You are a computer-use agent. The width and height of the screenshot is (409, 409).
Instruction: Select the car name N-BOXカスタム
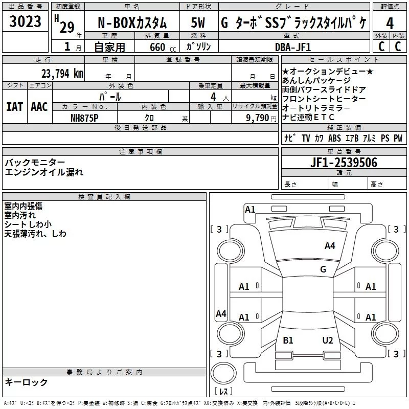tap(132, 23)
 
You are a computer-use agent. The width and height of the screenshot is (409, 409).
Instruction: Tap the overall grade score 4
tap(390, 23)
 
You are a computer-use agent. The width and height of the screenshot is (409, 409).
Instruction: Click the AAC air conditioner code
tap(39, 106)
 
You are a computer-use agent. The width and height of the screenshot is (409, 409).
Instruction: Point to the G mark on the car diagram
tap(323, 269)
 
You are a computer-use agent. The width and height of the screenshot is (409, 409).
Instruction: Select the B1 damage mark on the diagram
tap(288, 340)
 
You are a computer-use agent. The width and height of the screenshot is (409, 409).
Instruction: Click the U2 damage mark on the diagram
tap(328, 340)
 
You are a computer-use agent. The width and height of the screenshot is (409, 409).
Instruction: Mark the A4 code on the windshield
tap(330, 246)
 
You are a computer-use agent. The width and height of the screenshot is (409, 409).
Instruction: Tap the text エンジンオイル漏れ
tap(43, 172)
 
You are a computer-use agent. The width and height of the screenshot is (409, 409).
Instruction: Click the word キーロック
tap(26, 382)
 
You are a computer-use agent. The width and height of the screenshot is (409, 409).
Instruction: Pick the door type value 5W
tap(198, 23)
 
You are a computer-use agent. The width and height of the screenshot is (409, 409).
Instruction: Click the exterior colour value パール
tap(110, 96)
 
